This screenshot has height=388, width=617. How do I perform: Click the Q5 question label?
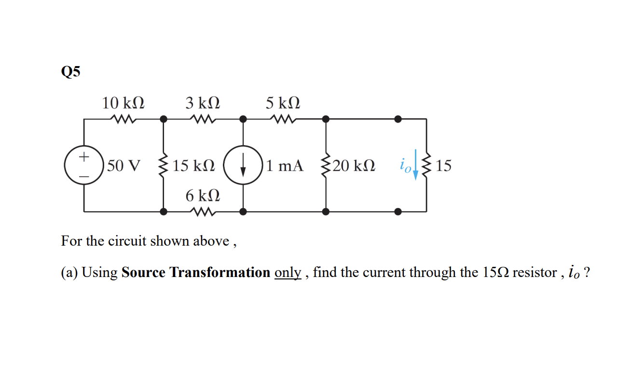[71, 72]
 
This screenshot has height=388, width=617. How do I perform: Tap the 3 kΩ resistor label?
[203, 103]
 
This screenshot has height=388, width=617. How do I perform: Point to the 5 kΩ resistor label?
[283, 103]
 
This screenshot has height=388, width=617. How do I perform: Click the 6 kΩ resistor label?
[203, 195]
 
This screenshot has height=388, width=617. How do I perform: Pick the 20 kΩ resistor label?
[354, 166]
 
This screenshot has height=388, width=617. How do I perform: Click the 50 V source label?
[124, 166]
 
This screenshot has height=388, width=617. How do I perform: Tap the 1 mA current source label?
[285, 166]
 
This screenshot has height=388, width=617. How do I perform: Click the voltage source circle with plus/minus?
[84, 166]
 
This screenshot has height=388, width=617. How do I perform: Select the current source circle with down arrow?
[243, 166]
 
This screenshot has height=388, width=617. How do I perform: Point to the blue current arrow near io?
[415, 164]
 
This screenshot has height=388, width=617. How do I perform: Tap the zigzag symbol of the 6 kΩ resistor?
[203, 211]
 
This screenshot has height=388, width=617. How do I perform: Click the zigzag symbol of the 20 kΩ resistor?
[326, 166]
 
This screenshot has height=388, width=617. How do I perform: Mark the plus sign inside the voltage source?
[84, 157]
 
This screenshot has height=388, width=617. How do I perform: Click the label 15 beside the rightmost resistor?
[443, 166]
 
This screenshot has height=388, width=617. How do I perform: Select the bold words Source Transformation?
[195, 272]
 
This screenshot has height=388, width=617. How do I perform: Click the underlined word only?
[288, 273]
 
